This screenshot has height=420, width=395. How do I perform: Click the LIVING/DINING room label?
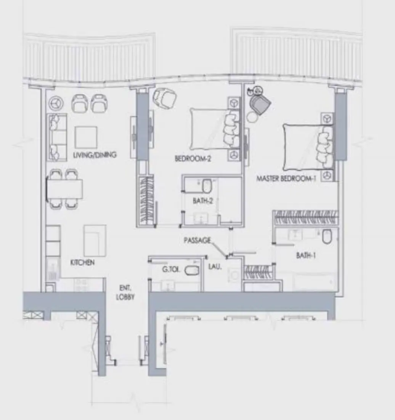click(x=95, y=155)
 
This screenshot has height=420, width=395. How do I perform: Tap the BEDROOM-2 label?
click(x=193, y=158)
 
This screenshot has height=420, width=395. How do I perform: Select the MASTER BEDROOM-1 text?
click(x=286, y=178)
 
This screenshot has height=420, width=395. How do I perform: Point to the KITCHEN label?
click(x=82, y=262)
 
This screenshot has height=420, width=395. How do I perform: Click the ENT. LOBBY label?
click(x=125, y=293)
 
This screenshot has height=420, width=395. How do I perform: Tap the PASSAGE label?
click(x=197, y=241)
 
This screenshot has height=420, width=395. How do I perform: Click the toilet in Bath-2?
click(x=207, y=186)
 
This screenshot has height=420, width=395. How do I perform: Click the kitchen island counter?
click(x=95, y=240)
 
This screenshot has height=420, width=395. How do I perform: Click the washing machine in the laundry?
click(x=233, y=275)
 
